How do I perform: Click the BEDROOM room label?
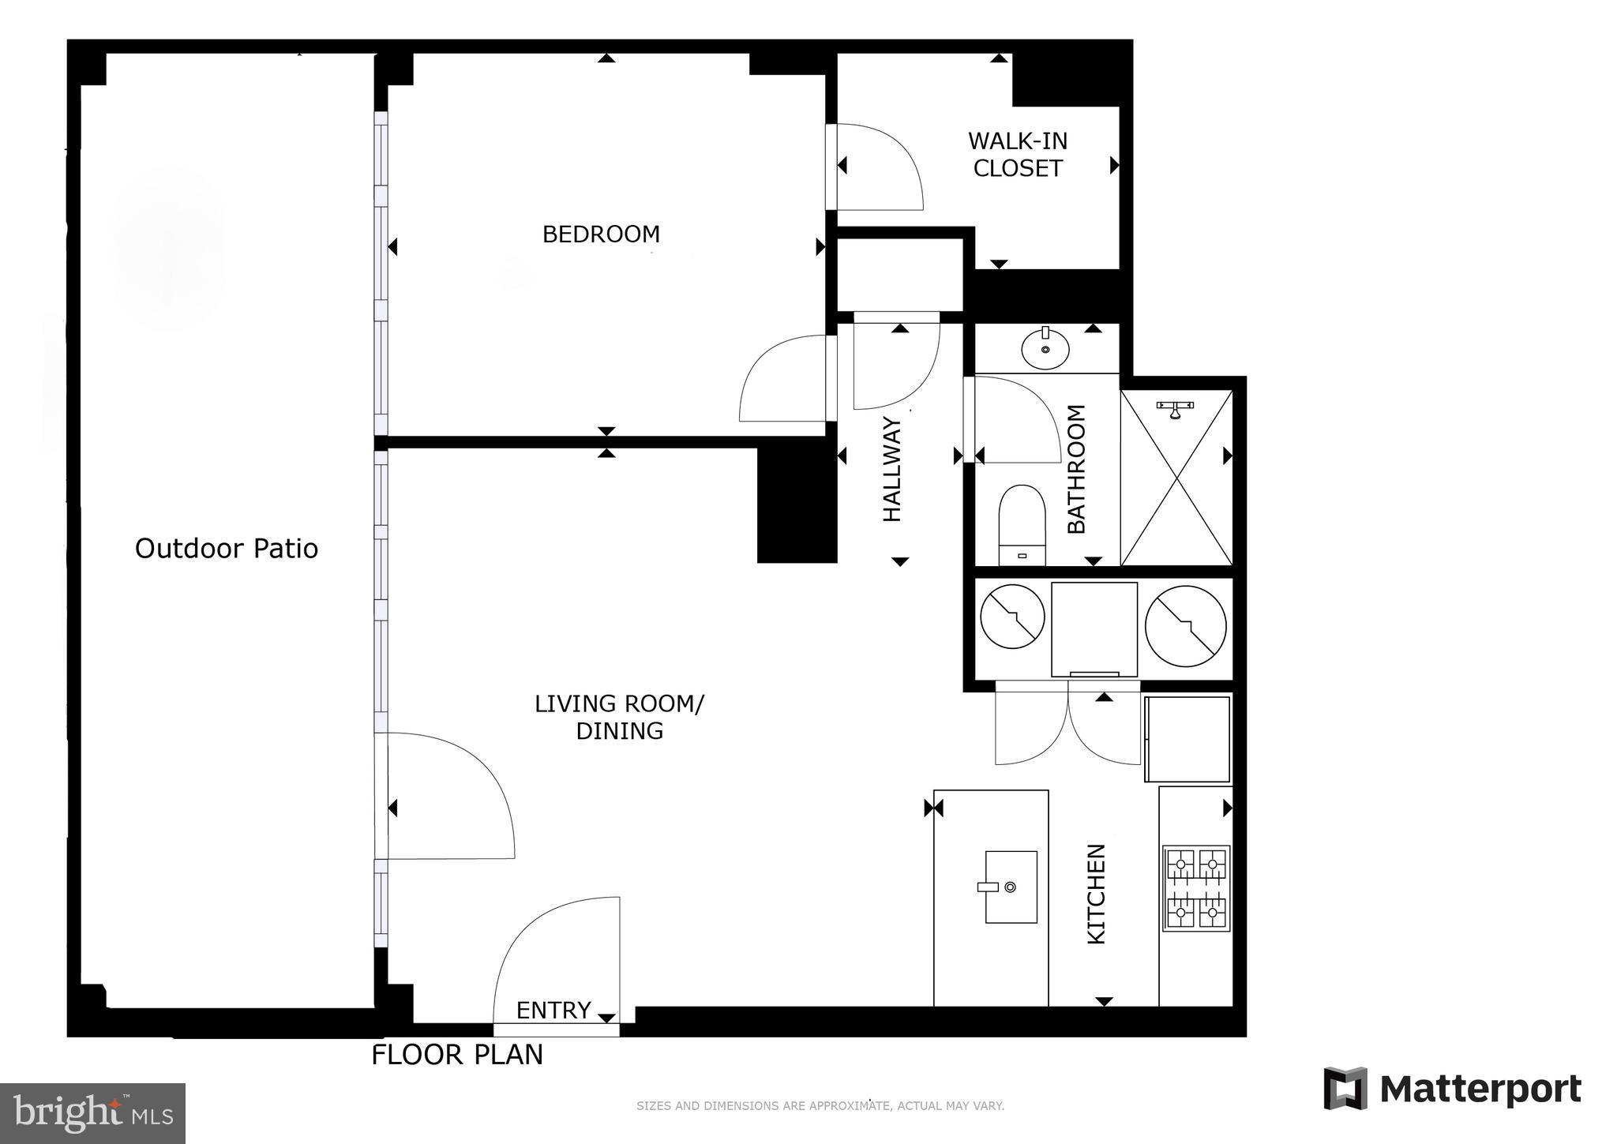click(x=601, y=234)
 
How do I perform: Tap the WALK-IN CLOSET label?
click(x=1017, y=155)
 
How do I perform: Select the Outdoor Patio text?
click(x=227, y=549)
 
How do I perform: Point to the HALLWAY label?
click(x=892, y=469)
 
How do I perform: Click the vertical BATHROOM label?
click(x=1077, y=469)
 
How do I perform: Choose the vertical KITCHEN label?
click(x=1097, y=894)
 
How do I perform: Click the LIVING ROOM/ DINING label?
click(x=619, y=717)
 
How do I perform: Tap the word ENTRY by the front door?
click(x=553, y=1011)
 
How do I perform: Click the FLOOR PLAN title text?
click(x=457, y=1055)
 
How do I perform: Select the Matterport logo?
click(x=1452, y=1090)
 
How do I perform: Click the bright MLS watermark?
click(x=92, y=1113)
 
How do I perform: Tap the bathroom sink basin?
click(x=1045, y=348)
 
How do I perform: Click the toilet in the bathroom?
click(x=1022, y=525)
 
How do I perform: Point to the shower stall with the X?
click(x=1176, y=478)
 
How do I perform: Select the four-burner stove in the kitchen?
click(x=1196, y=888)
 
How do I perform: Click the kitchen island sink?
click(x=1011, y=887)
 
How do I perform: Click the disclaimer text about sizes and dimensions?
click(x=820, y=1106)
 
